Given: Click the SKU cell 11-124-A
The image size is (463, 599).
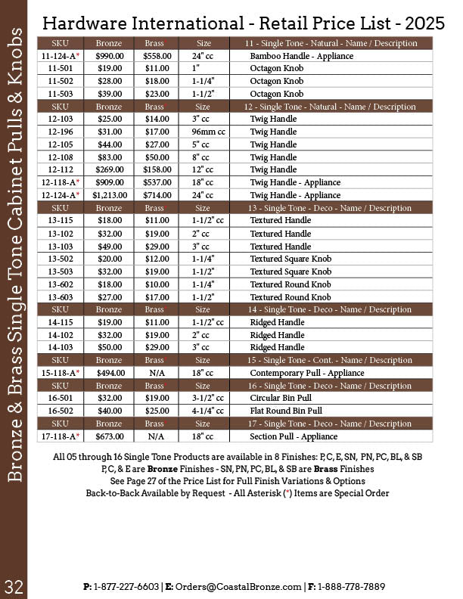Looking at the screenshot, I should [x=60, y=56].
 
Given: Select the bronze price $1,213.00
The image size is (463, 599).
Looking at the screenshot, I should [x=109, y=195].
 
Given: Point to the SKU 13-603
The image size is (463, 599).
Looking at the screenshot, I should [x=60, y=297].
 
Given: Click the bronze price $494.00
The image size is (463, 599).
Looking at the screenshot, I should [x=109, y=373].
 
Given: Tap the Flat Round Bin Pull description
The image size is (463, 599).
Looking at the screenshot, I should [x=285, y=411].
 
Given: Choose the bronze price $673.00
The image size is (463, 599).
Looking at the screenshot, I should [x=109, y=436].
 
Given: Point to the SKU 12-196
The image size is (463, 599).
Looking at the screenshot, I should [x=60, y=132].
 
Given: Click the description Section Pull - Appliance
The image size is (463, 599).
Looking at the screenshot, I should [x=294, y=436].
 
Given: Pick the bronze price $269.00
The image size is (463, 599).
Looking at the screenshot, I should [x=109, y=169].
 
